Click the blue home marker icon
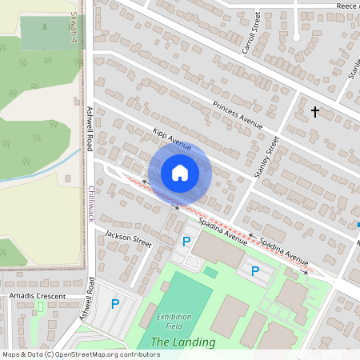(179, 172)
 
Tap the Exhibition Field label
(174, 321)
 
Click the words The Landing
(183, 342)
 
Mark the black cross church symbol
(315, 112)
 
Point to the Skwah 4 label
(74, 25)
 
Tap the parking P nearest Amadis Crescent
(115, 303)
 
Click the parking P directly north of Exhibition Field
(187, 241)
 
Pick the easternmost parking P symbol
(255, 270)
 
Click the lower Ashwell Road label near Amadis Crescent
(91, 299)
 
